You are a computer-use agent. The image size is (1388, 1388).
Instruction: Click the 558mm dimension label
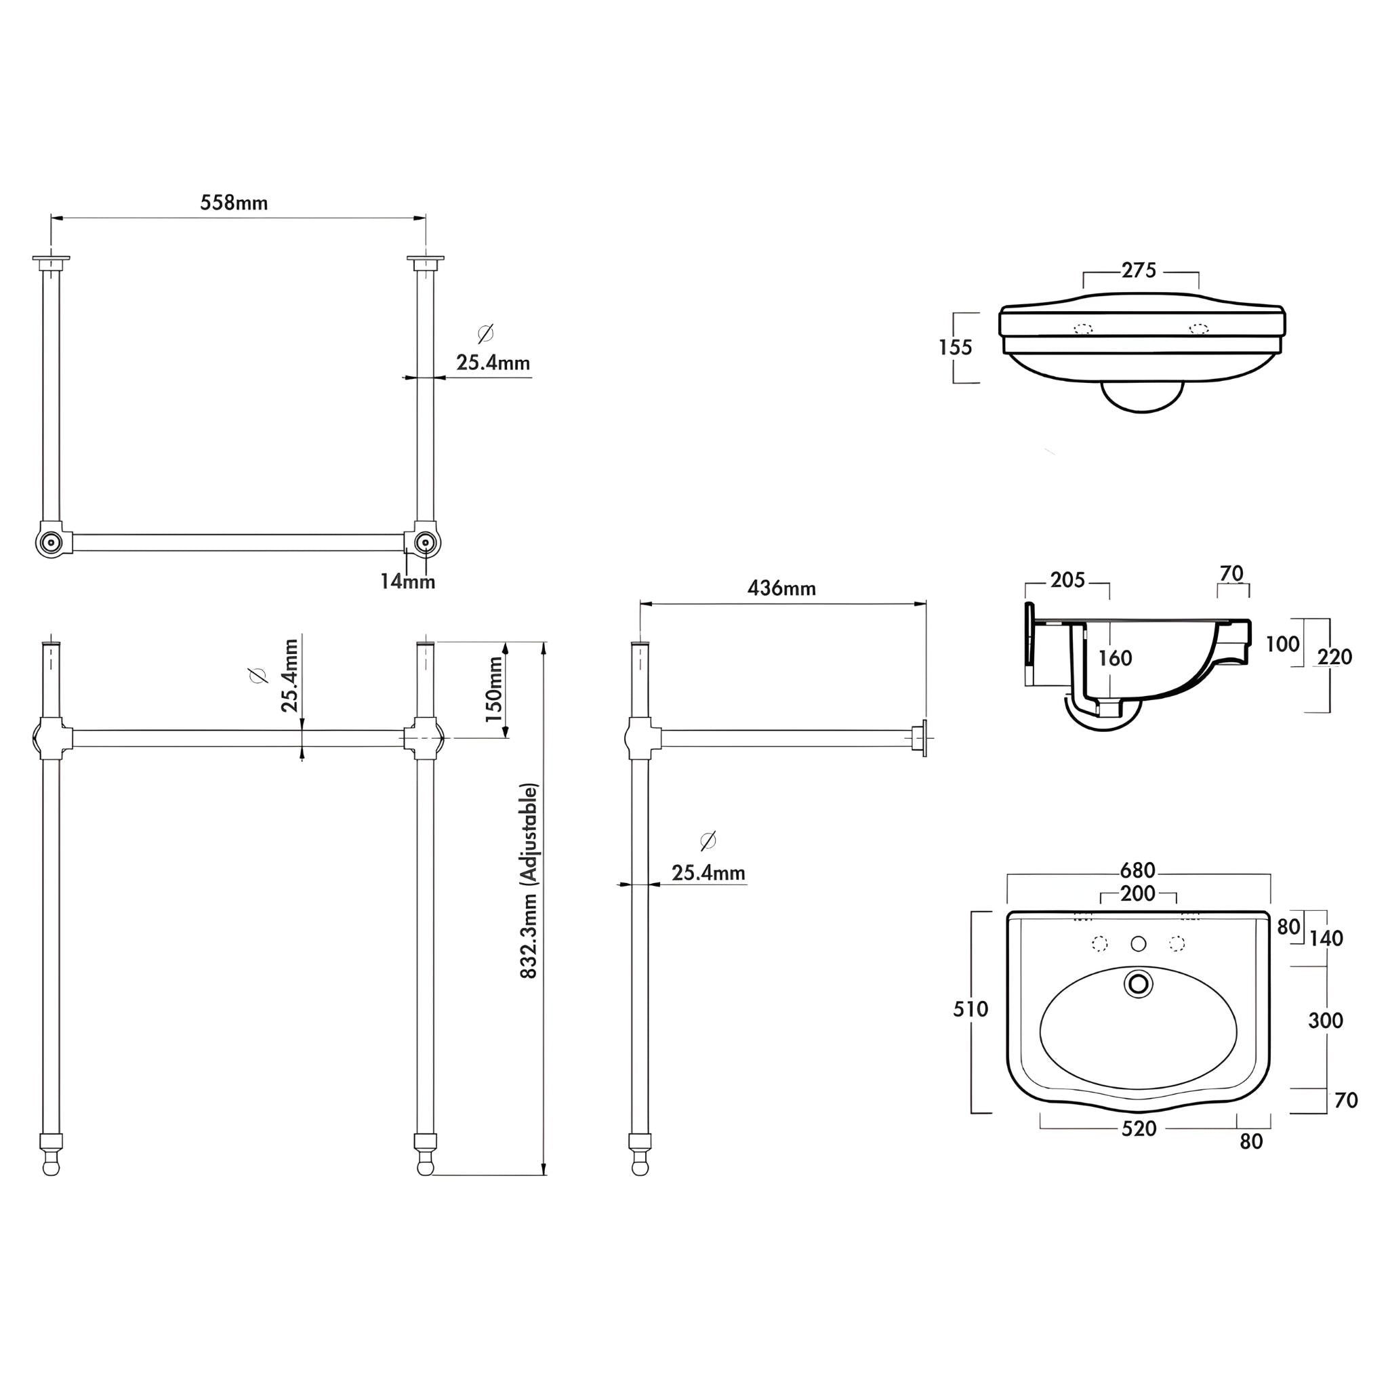(x=234, y=203)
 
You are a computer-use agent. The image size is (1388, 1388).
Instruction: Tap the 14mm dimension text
(x=407, y=582)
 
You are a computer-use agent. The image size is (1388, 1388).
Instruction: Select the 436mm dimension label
(x=781, y=588)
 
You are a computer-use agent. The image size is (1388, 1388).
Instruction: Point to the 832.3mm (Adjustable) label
(x=529, y=881)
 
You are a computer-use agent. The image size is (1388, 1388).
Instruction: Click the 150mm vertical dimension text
(x=495, y=689)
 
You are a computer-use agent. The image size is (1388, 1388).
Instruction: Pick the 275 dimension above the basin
(x=1139, y=270)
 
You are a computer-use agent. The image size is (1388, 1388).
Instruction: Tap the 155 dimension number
(x=956, y=348)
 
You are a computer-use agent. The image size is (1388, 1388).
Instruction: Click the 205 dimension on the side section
(x=1067, y=579)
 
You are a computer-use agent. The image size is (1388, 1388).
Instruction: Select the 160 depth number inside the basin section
(x=1115, y=658)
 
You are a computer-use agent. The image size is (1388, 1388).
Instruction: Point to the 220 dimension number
(x=1335, y=657)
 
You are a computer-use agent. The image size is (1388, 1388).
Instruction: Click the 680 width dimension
(x=1138, y=871)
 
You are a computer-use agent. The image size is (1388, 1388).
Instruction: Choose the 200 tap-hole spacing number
(x=1138, y=894)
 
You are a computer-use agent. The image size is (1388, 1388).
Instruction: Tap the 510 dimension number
(x=971, y=1009)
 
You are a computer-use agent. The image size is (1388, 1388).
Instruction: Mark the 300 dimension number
(x=1326, y=1020)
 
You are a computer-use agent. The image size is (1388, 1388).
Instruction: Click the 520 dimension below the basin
(x=1139, y=1128)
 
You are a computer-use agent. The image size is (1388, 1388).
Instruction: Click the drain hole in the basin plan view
(x=1138, y=983)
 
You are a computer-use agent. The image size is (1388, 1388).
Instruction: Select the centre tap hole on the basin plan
(x=1138, y=943)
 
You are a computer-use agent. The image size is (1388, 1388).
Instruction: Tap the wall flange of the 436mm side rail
(x=922, y=739)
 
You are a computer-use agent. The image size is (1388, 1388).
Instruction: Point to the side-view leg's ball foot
(x=639, y=1168)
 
